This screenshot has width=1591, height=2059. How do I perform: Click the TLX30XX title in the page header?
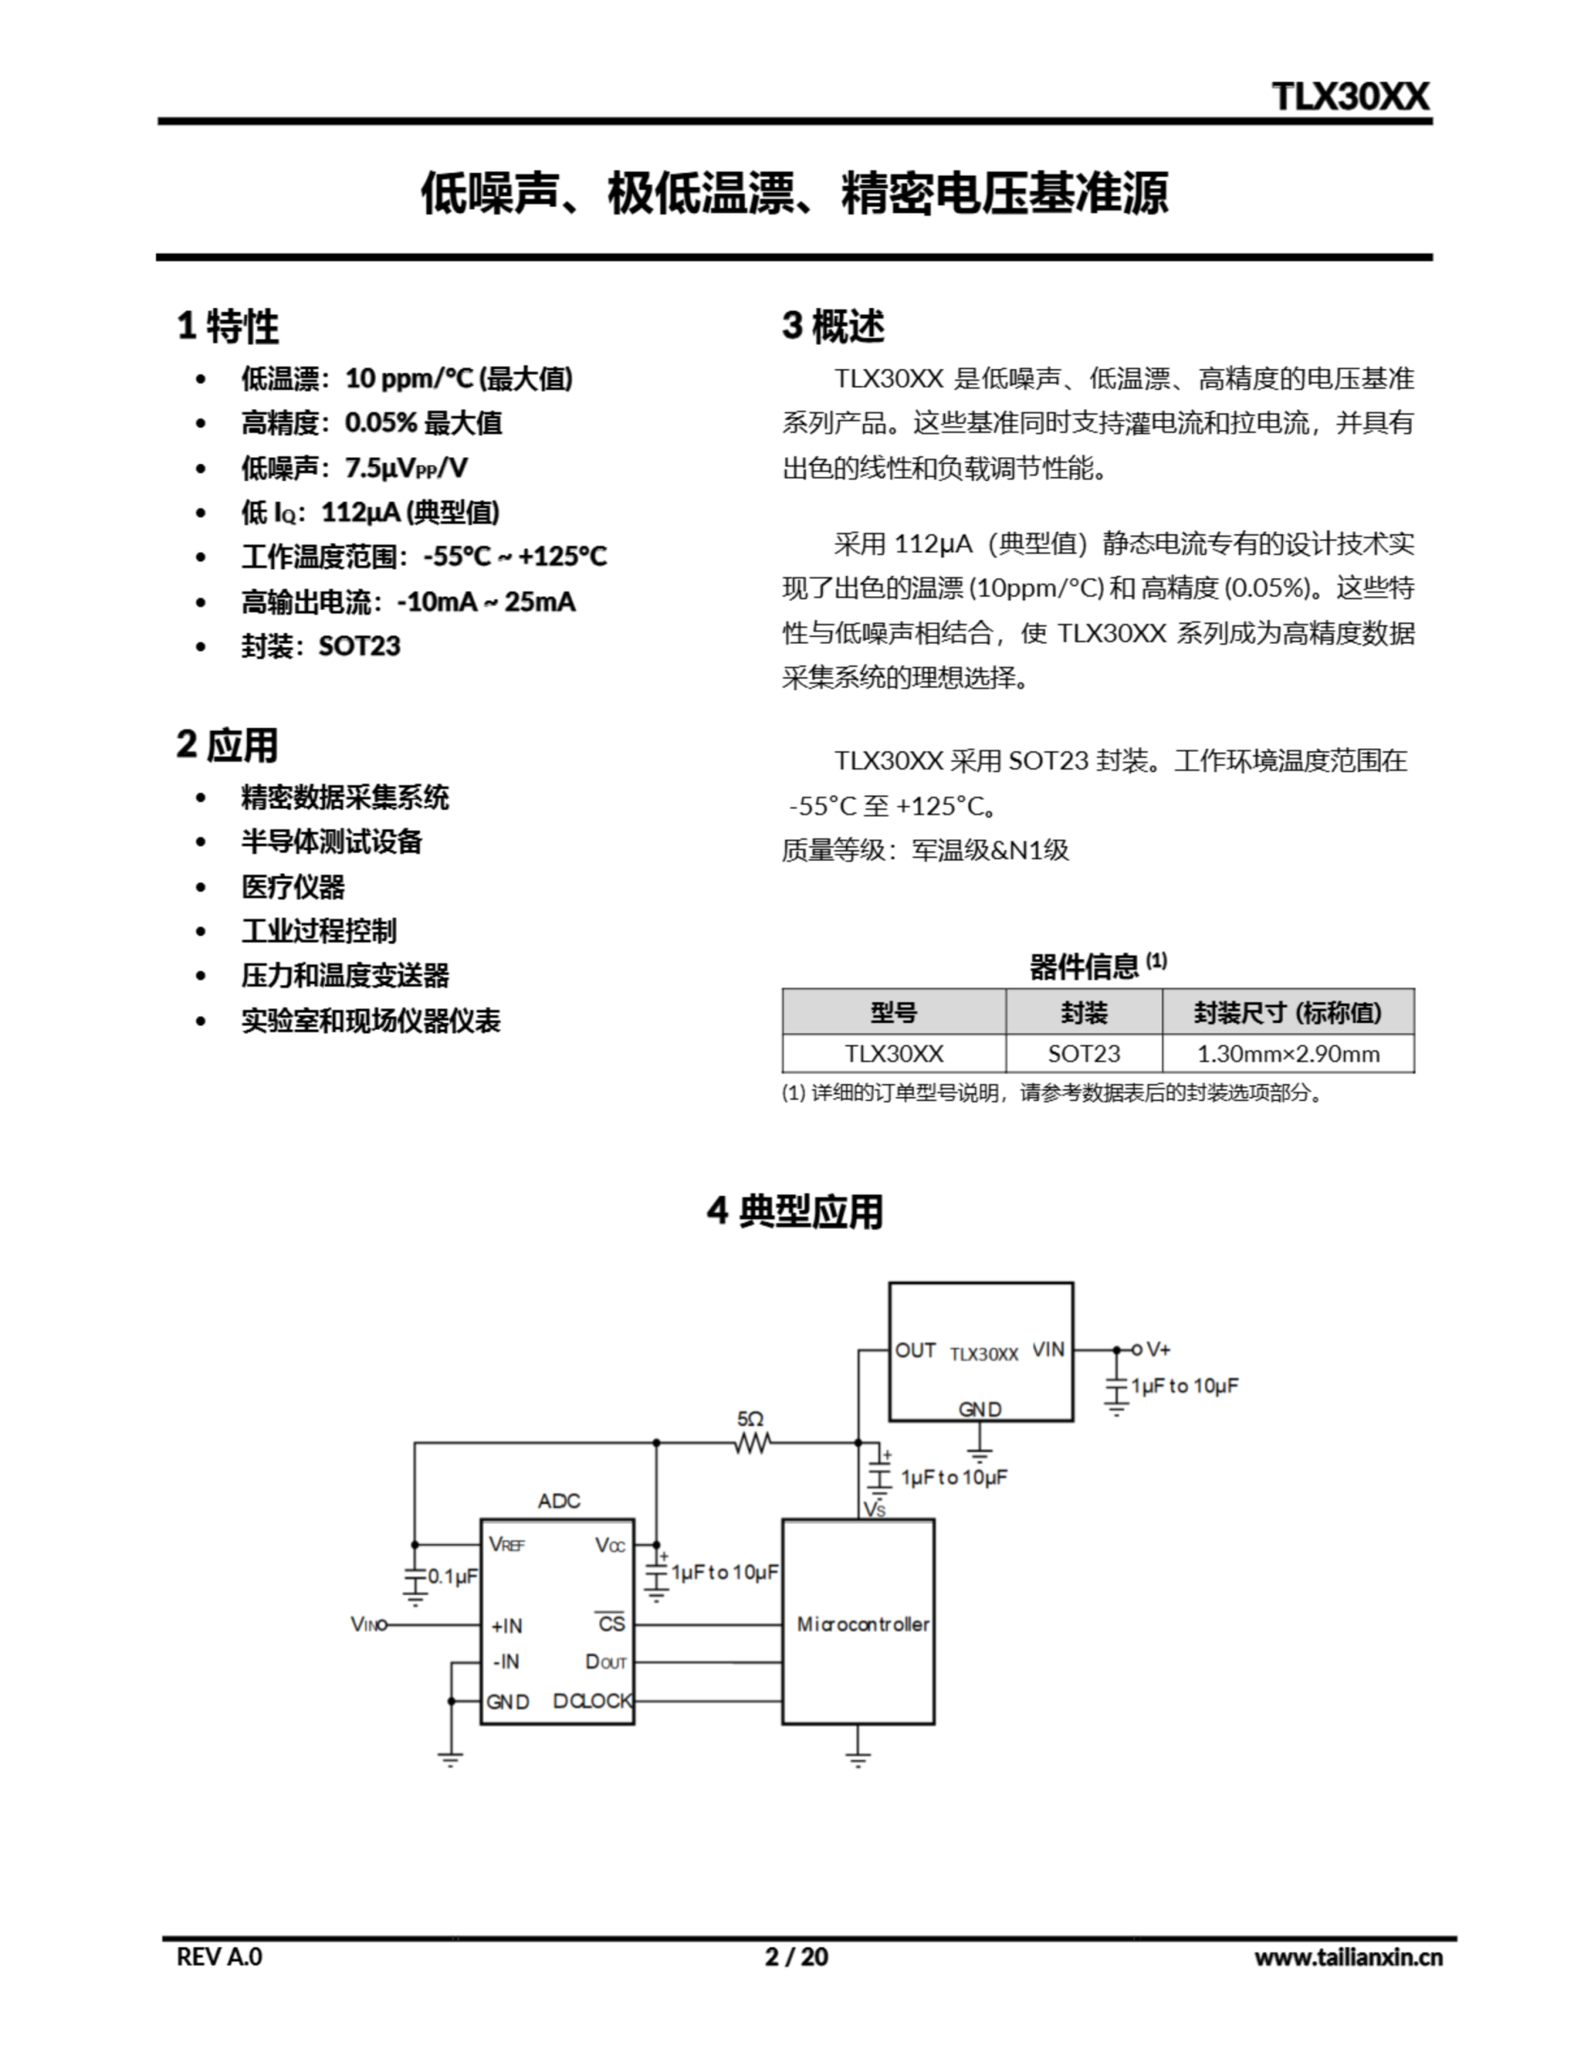point(1350,97)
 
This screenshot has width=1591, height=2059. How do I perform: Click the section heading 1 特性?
point(228,327)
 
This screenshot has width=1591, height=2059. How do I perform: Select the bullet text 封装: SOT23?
point(321,646)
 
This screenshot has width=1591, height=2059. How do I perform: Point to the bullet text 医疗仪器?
point(294,886)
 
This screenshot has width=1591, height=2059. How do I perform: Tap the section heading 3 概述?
point(832,327)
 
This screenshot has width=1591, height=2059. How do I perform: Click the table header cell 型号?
point(893,1013)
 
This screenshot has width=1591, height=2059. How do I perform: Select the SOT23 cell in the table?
point(1083,1054)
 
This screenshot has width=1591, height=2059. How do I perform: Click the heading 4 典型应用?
point(794,1211)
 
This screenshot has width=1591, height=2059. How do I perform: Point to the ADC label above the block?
point(558,1501)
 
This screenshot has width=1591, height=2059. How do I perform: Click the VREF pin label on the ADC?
point(507,1544)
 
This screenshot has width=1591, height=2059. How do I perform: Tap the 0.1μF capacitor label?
point(453,1576)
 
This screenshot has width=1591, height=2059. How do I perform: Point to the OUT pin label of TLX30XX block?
point(915,1350)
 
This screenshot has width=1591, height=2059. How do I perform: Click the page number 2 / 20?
point(796,1957)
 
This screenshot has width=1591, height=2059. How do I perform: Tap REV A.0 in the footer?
point(219,1957)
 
